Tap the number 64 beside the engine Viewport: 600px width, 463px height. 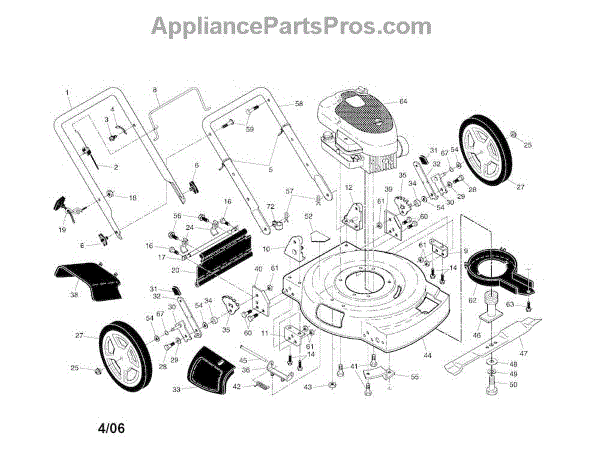click(x=404, y=102)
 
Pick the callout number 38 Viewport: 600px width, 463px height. click(x=73, y=296)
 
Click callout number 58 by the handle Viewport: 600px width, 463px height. click(x=298, y=105)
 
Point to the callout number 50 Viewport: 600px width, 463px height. click(x=514, y=385)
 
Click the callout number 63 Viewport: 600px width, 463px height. click(x=508, y=303)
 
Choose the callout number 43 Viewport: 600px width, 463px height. click(x=308, y=386)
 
